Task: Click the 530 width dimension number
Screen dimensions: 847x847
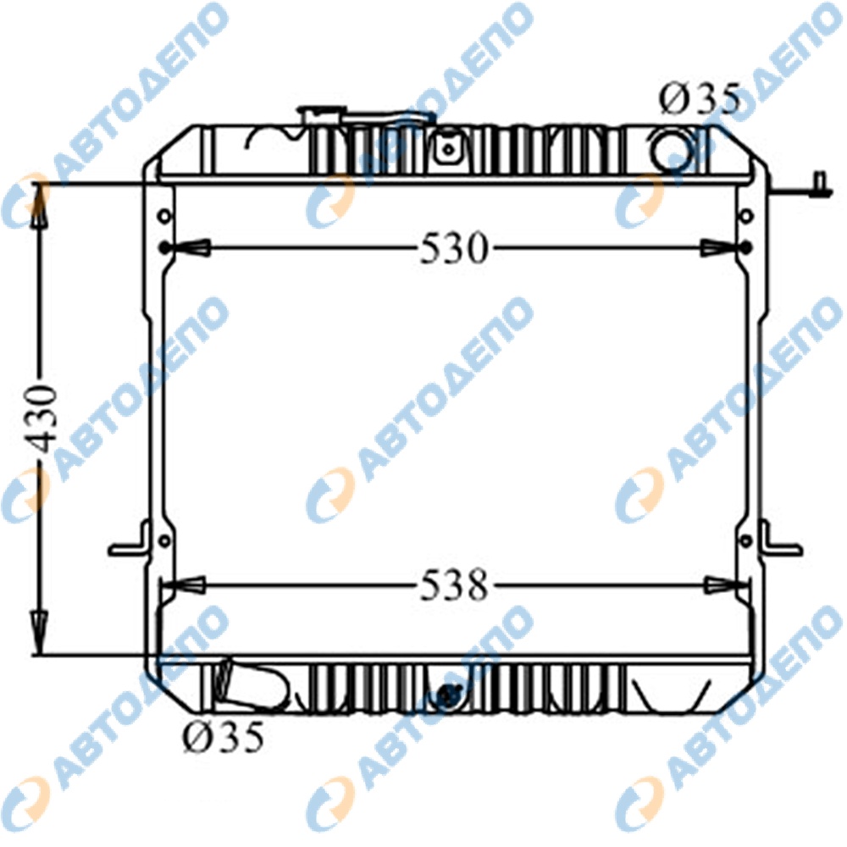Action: point(453,248)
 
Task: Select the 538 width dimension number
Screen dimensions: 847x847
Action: point(453,585)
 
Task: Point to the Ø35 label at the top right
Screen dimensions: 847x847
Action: point(699,100)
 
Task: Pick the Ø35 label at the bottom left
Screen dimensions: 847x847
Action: point(223,736)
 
